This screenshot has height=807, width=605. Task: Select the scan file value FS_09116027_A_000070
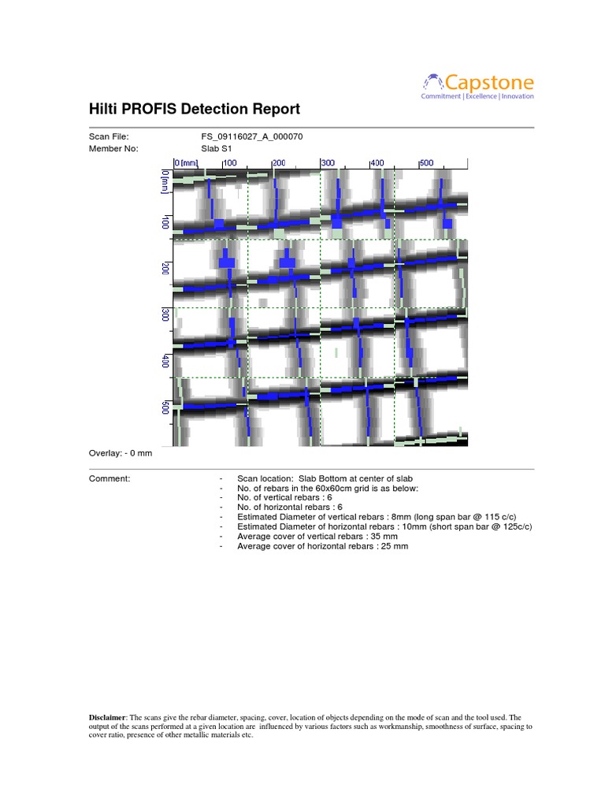tap(252, 137)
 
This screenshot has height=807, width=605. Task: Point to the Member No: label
tap(113, 147)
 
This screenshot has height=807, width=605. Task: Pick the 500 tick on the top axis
tap(425, 163)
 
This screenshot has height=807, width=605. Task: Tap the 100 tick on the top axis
tap(229, 163)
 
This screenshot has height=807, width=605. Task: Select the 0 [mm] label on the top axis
tap(187, 163)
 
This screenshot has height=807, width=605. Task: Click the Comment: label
tap(109, 478)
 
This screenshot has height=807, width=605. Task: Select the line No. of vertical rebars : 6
tap(292, 497)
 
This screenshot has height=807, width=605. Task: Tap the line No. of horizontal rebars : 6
tap(297, 507)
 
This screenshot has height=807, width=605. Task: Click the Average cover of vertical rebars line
tap(322, 536)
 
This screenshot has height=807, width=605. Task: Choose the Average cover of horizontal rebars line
tap(322, 546)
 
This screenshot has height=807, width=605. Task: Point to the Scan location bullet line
tap(325, 478)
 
